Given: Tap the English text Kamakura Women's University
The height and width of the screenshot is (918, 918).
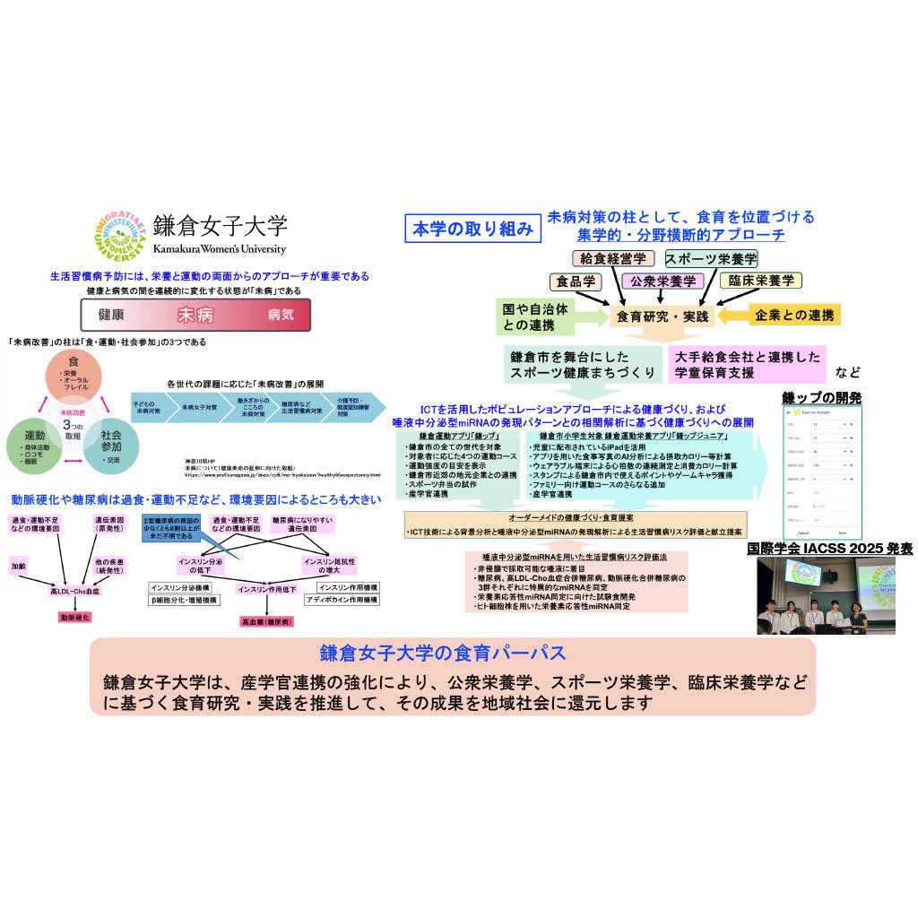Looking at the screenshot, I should click(x=219, y=249).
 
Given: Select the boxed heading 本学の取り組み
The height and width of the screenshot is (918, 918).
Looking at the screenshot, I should click(x=472, y=229).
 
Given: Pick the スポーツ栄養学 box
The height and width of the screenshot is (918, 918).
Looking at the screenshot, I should click(x=711, y=259).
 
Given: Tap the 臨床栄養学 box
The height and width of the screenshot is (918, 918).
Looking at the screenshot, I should click(x=760, y=281).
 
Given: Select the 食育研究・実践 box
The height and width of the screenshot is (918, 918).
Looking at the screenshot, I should click(x=662, y=316).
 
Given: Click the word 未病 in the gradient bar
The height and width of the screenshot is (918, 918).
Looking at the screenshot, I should click(x=194, y=315).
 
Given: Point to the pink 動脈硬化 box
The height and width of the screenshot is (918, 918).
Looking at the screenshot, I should click(x=75, y=618).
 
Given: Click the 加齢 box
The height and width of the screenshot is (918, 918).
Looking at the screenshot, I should click(x=19, y=567).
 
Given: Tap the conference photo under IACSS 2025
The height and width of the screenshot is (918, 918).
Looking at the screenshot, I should click(x=826, y=596).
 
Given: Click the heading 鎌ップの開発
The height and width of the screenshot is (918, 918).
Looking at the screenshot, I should click(x=821, y=397).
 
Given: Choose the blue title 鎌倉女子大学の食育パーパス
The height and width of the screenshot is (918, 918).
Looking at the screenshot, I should click(x=452, y=653).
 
